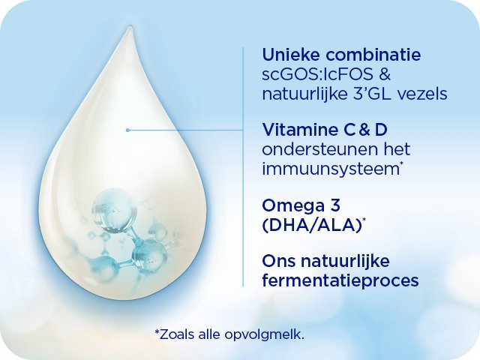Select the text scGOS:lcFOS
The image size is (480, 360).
point(317,74)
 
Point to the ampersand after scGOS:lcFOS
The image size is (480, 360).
point(385,74)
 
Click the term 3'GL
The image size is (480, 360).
point(370,94)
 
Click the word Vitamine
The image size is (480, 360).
point(298,130)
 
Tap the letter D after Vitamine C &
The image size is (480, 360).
point(382,130)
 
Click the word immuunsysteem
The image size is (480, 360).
point(331,169)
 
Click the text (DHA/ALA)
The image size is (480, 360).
point(312,226)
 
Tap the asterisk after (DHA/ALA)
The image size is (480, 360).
point(364,220)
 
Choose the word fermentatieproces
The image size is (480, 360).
point(340,280)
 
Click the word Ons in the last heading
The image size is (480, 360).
point(279,261)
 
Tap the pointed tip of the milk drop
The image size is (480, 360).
point(130,27)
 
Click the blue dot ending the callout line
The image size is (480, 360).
point(127,130)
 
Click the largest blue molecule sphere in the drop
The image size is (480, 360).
point(115,209)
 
